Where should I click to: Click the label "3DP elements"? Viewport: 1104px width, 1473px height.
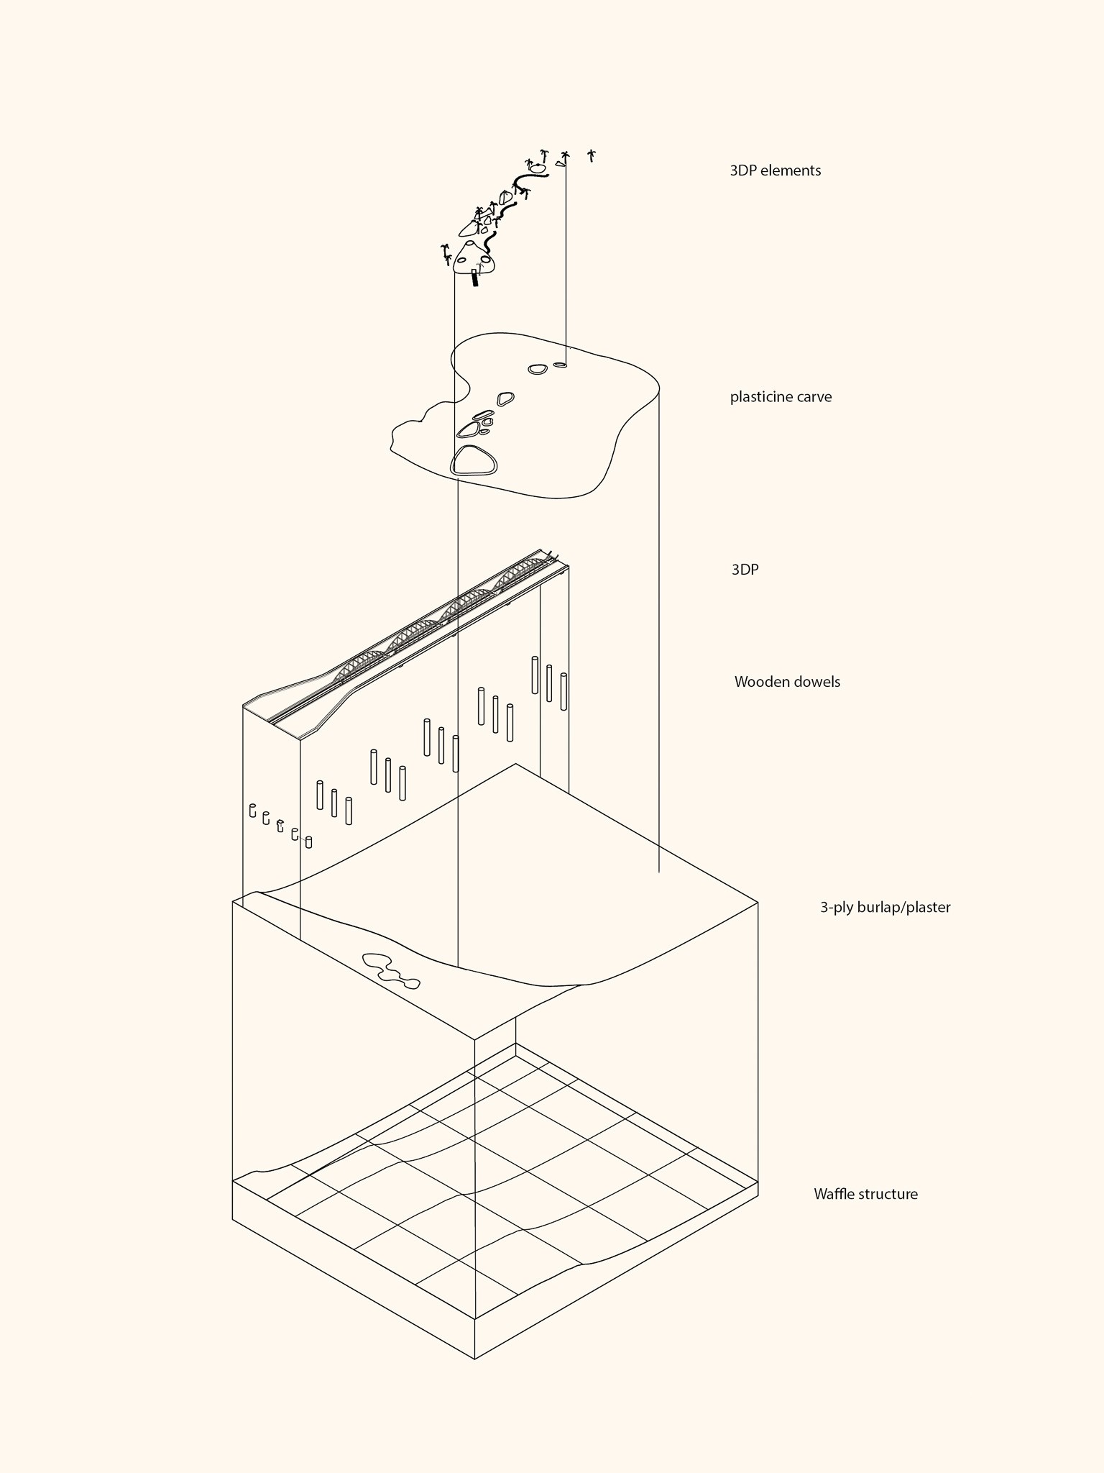click(x=775, y=171)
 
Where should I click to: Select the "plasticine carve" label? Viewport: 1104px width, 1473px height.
click(x=781, y=397)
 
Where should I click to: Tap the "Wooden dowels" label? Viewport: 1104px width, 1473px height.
click(x=787, y=682)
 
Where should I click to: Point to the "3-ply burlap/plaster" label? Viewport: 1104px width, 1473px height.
click(x=885, y=908)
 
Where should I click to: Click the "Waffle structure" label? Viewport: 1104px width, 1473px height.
click(x=865, y=1194)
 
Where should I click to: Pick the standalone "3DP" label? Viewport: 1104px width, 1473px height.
click(x=745, y=570)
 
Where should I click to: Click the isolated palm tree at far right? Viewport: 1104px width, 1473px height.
click(x=592, y=155)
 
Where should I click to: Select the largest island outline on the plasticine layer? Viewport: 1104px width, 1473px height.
click(x=473, y=461)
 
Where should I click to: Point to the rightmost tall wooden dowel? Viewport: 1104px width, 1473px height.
click(x=563, y=691)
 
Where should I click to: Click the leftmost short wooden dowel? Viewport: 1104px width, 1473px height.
click(x=252, y=811)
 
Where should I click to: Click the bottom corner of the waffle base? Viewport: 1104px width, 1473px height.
click(x=475, y=1358)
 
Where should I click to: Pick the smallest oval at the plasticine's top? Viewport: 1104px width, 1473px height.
click(x=560, y=365)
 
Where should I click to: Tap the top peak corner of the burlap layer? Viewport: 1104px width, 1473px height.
click(x=515, y=765)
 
